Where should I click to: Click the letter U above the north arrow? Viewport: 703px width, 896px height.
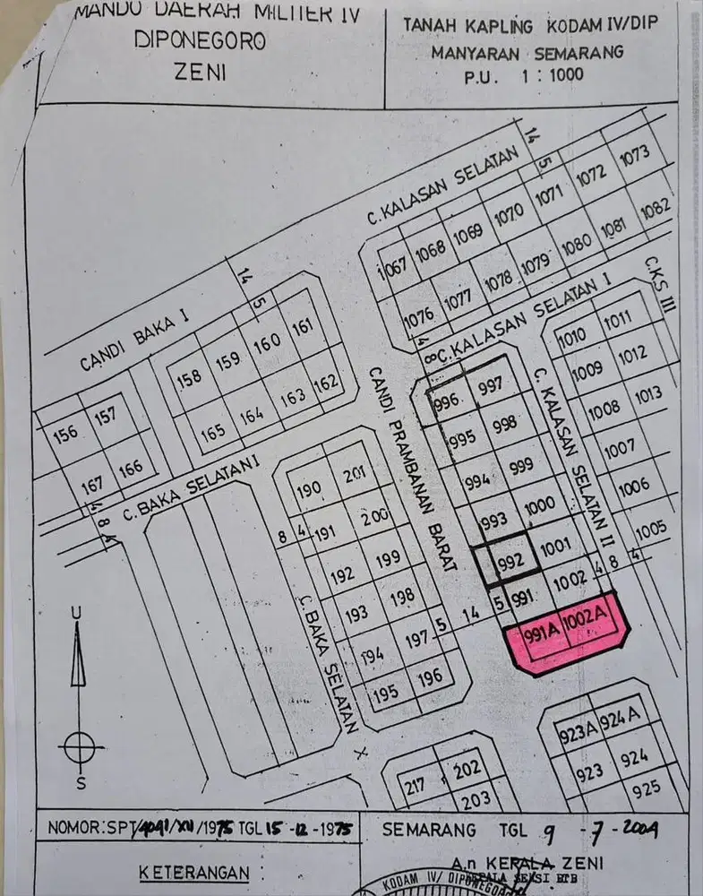(77, 612)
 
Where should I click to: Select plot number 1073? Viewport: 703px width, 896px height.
(633, 154)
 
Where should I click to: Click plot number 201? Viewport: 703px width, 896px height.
(356, 474)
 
